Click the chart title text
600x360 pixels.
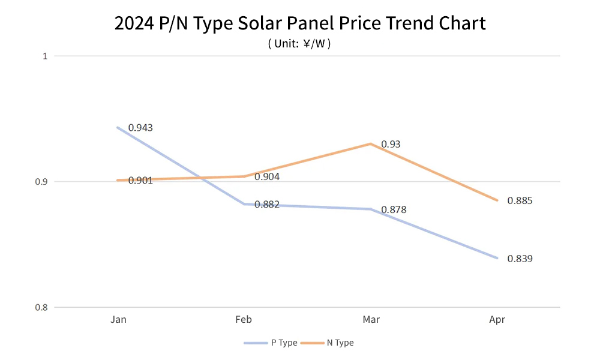tap(299, 23)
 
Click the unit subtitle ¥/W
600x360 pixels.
tap(299, 44)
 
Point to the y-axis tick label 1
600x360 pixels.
tap(44, 56)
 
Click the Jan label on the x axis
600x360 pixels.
tap(118, 320)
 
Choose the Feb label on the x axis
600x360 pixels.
tap(244, 320)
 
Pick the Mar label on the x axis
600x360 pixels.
tap(371, 320)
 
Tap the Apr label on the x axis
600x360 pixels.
tap(497, 320)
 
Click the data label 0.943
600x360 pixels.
tap(140, 128)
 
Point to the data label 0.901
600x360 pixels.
tap(140, 180)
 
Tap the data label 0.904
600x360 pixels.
tap(267, 177)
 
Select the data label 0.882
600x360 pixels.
tap(267, 205)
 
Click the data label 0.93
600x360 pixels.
tap(391, 144)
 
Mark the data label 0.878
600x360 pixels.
tap(394, 210)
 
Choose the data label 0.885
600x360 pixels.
tap(520, 200)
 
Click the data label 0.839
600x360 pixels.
tap(520, 259)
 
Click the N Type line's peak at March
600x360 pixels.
tap(371, 144)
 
